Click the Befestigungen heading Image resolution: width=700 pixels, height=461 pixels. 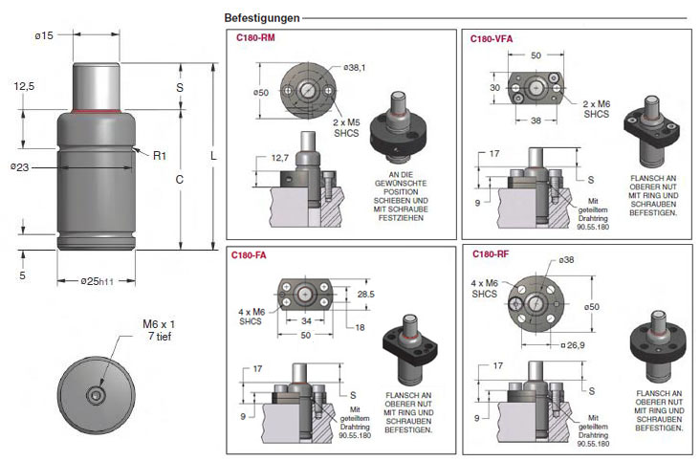(x=262, y=18)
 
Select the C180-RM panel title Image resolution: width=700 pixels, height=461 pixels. (x=255, y=38)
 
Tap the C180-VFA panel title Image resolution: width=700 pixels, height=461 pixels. (x=492, y=39)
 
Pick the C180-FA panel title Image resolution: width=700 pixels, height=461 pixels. (x=249, y=255)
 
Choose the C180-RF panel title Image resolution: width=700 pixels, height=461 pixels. (x=491, y=254)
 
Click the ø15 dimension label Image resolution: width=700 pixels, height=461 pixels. (x=44, y=35)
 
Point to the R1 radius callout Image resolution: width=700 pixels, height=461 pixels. (x=160, y=156)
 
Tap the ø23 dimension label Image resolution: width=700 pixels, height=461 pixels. (x=20, y=167)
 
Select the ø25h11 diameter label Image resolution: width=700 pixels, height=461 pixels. (x=97, y=281)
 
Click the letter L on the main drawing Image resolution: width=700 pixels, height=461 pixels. (x=213, y=156)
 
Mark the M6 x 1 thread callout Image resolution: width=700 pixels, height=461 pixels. (x=159, y=324)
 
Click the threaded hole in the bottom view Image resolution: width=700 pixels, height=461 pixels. (x=95, y=395)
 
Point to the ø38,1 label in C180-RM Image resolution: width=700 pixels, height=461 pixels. (x=355, y=68)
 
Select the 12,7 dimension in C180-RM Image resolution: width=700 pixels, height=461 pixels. (x=280, y=158)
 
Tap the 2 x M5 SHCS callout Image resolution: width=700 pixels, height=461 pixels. (x=346, y=128)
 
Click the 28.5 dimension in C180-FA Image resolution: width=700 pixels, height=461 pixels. (x=365, y=294)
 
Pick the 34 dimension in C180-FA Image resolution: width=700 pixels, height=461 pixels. (x=306, y=320)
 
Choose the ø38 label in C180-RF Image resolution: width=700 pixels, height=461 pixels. (x=566, y=259)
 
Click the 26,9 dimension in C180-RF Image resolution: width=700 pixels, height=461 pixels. (x=576, y=345)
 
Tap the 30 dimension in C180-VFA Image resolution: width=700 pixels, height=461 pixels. (x=495, y=88)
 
